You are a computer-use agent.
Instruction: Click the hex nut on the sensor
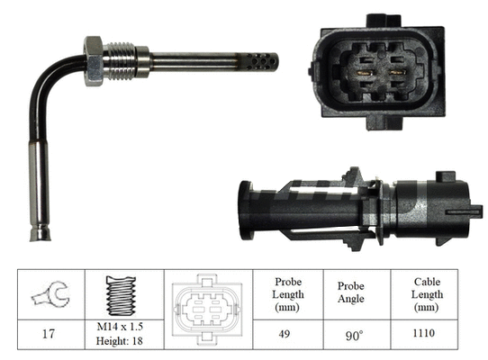tap(94, 60)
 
